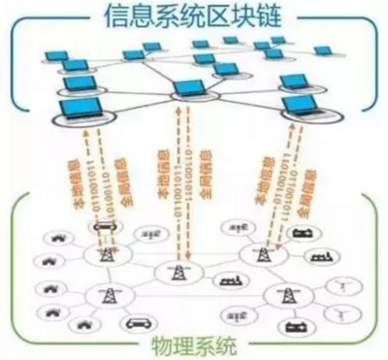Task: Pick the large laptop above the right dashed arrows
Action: [301, 105]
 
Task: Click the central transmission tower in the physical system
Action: [178, 275]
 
